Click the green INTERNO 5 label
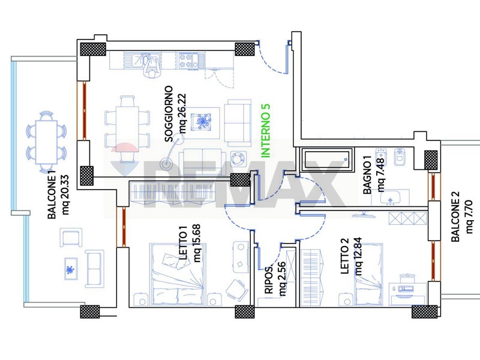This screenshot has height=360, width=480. click(266, 131)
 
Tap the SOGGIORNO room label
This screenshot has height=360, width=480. click(169, 114)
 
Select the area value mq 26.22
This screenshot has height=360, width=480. click(183, 113)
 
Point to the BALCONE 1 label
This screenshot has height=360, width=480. click(52, 197)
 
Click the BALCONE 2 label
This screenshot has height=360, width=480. click(455, 217)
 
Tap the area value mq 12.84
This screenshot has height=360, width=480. click(358, 256)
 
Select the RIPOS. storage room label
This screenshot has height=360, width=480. click(268, 280)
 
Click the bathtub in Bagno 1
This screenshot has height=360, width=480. click(327, 160)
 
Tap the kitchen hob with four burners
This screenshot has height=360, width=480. click(187, 61)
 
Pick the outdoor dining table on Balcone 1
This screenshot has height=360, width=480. click(47, 142)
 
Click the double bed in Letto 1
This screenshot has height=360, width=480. click(178, 274)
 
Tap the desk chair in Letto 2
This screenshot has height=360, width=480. click(406, 280)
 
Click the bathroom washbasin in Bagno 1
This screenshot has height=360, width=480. click(391, 198)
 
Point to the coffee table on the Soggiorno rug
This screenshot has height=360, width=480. click(201, 122)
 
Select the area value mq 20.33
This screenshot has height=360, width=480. click(65, 195)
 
